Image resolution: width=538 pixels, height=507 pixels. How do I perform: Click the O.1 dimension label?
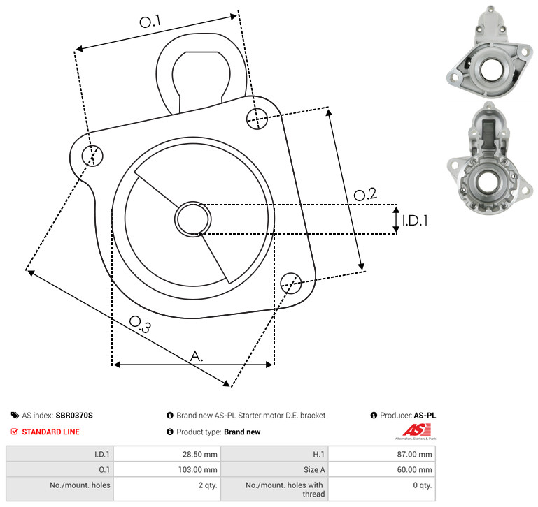150,22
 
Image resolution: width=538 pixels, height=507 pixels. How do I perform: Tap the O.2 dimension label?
365,194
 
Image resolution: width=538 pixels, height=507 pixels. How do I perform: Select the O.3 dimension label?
140,324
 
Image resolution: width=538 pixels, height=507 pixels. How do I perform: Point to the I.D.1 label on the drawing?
415,221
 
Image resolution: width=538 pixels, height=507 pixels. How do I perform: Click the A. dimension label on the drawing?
197,356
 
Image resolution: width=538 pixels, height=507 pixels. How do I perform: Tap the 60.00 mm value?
414,470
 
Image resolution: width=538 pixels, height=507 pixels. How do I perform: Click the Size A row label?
314,470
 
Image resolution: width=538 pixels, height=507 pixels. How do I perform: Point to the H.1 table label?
319,454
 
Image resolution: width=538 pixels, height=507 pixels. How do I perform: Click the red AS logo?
416,430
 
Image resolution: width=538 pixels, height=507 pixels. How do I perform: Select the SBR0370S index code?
74,416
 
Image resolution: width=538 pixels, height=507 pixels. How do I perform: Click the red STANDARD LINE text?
51,432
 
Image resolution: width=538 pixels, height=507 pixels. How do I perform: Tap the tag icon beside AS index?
15,416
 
